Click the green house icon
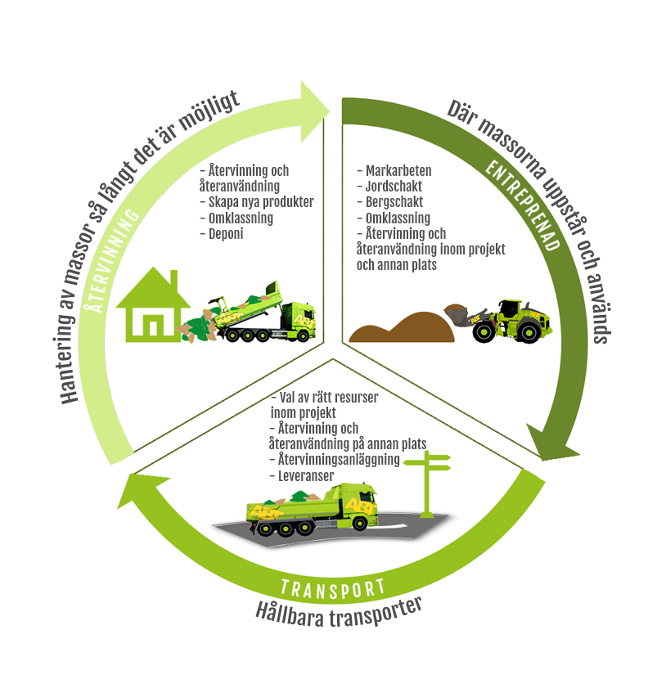[153, 305]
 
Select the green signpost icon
[426, 484]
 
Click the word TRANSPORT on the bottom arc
[333, 589]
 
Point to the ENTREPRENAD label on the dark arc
[523, 205]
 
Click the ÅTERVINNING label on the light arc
[111, 261]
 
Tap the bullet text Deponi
[222, 234]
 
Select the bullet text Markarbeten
[394, 170]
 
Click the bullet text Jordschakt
[389, 187]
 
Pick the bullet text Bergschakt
[390, 202]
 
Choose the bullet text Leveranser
[302, 475]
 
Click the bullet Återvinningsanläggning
[335, 459]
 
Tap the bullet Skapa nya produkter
[257, 202]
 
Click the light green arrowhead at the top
[315, 111]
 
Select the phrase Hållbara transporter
[339, 612]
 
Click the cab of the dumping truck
[299, 318]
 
